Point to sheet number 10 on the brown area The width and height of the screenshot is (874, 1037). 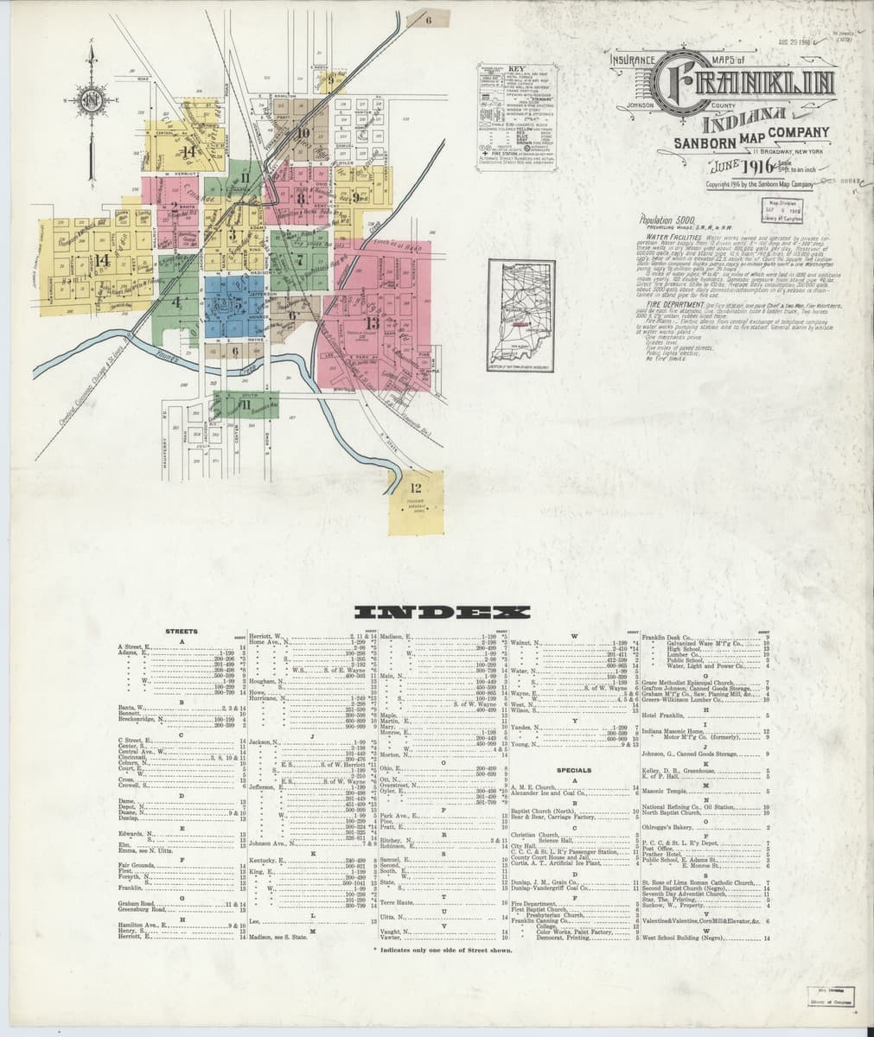tap(302, 133)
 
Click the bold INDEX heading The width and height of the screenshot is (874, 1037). tap(442, 612)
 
